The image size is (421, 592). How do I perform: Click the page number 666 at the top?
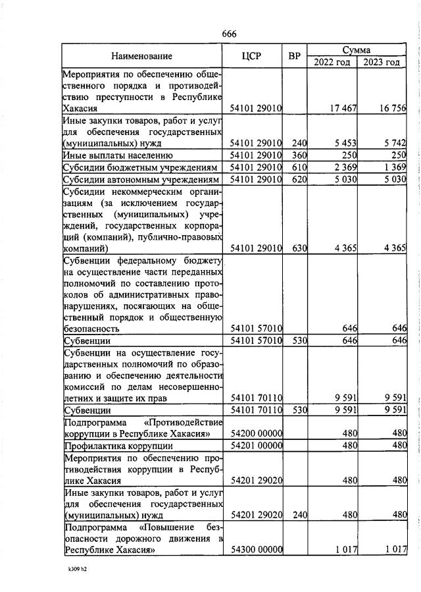point(229,34)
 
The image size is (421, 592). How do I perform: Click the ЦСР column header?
point(252,56)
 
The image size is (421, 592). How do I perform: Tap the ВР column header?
point(295,56)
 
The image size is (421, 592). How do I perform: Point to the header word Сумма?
point(356,49)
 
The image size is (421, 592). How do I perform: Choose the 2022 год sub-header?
point(332,62)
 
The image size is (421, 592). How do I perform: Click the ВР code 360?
point(300,155)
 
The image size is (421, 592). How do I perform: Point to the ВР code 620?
point(300,179)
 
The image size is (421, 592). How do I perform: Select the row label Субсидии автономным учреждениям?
point(139,179)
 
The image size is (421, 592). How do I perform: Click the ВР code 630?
point(300,248)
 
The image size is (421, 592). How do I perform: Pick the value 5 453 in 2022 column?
point(342,143)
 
